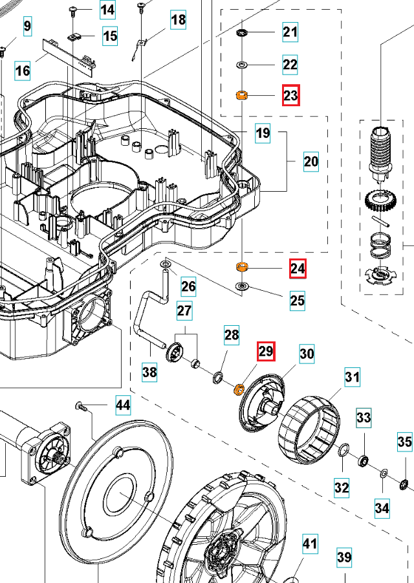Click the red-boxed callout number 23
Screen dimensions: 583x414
pyautogui.click(x=290, y=96)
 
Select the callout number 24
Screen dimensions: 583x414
pyautogui.click(x=298, y=268)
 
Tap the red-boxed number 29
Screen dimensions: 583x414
pyautogui.click(x=266, y=352)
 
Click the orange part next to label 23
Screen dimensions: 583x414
pyautogui.click(x=243, y=96)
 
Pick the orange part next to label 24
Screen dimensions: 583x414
pyautogui.click(x=243, y=267)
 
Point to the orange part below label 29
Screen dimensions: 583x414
pyautogui.click(x=238, y=389)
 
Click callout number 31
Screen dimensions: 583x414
pyautogui.click(x=351, y=377)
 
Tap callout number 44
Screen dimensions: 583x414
pyautogui.click(x=122, y=406)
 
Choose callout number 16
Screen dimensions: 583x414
pyautogui.click(x=23, y=69)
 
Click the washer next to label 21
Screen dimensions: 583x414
pyautogui.click(x=243, y=32)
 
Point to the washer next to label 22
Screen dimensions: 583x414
pyautogui.click(x=243, y=64)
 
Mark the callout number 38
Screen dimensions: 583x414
pyautogui.click(x=149, y=371)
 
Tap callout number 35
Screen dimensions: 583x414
pyautogui.click(x=404, y=443)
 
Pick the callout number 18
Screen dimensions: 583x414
pyautogui.click(x=178, y=20)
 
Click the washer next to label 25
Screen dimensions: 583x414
pyautogui.click(x=243, y=286)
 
